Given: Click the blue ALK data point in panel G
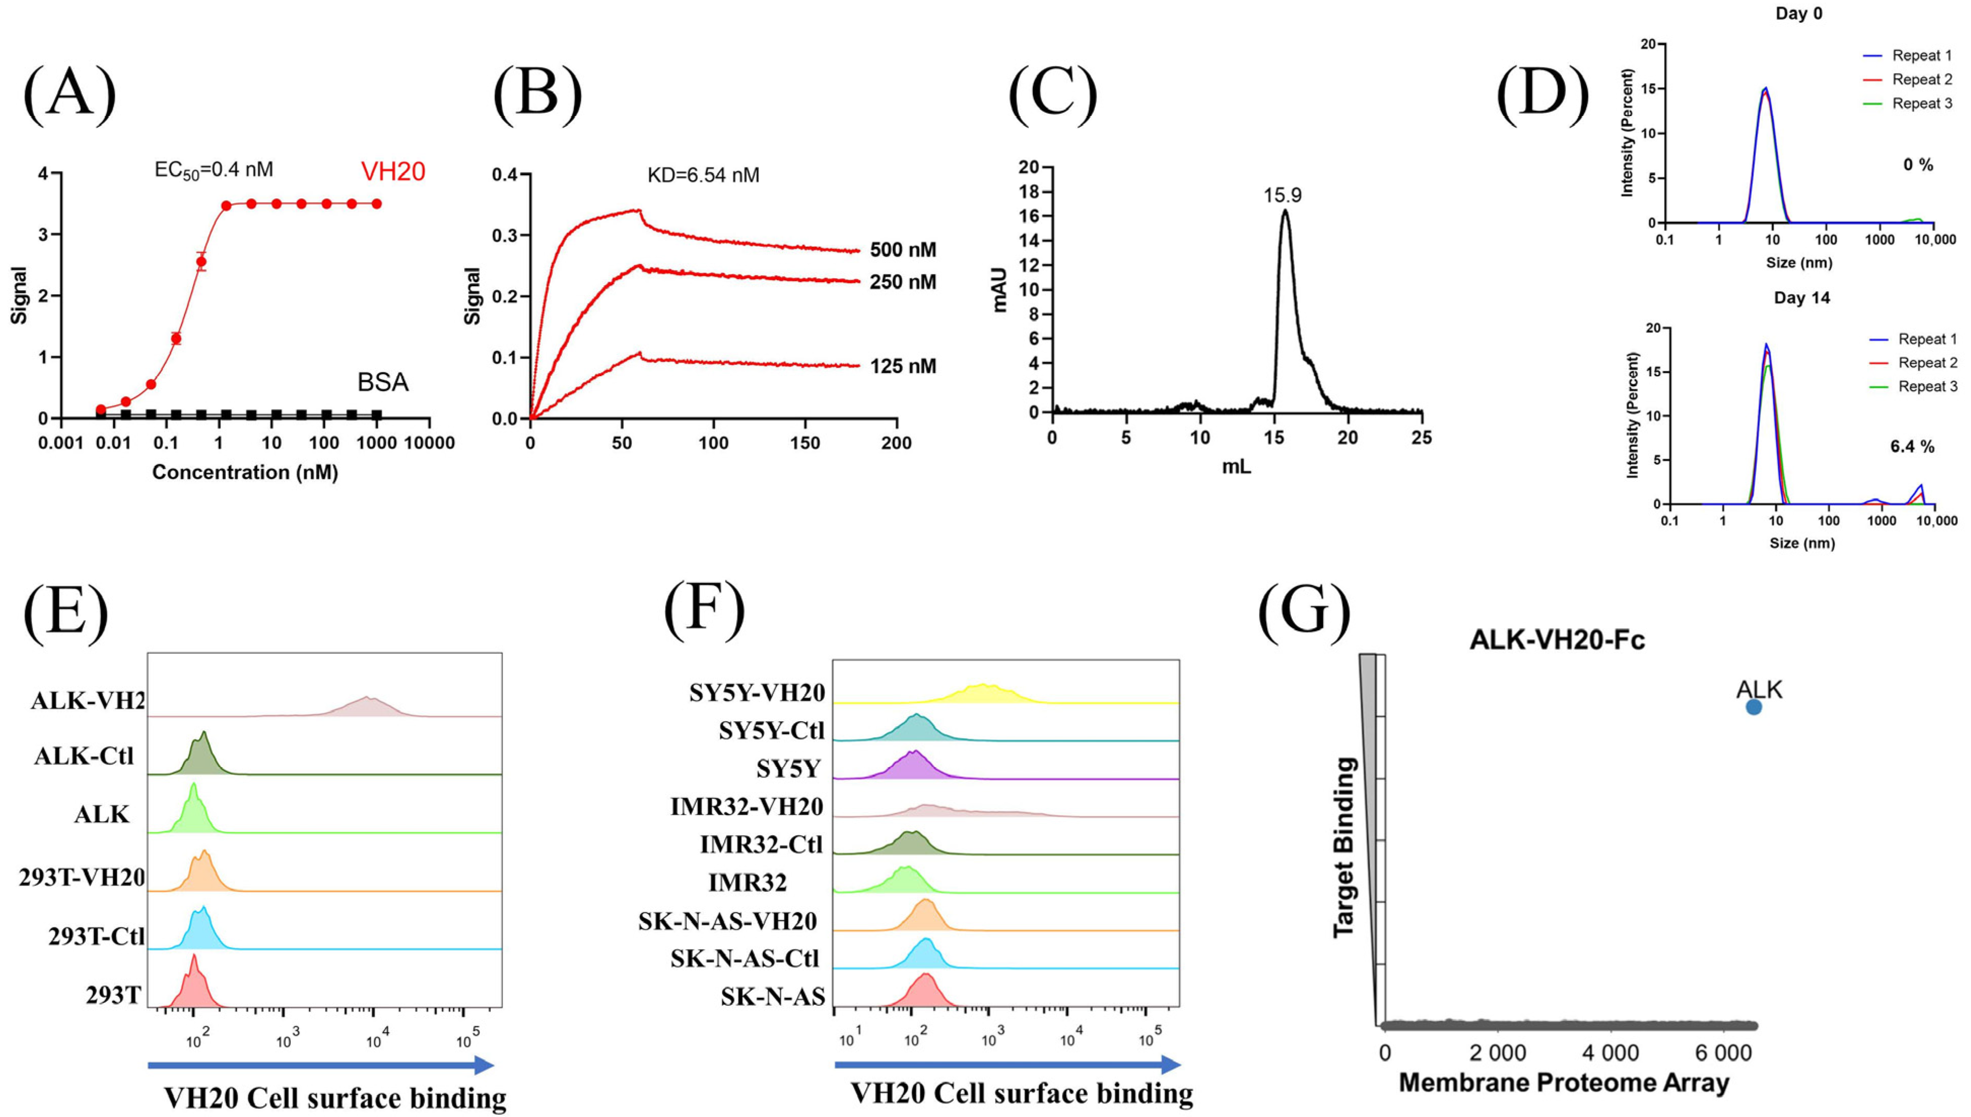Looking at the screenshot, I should pyautogui.click(x=1754, y=706).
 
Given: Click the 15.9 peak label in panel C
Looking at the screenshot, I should pyautogui.click(x=1283, y=195).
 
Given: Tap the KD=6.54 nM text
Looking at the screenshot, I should pyautogui.click(x=703, y=175).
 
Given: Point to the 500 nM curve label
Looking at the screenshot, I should pyautogui.click(x=903, y=250).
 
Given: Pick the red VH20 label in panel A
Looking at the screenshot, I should pyautogui.click(x=393, y=171).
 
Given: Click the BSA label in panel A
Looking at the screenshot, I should pyautogui.click(x=382, y=382).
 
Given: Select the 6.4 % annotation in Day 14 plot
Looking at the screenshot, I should pyautogui.click(x=1912, y=447).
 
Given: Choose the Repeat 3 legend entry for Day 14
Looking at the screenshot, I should pyautogui.click(x=1927, y=387).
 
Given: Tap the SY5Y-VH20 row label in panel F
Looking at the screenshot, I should pyautogui.click(x=756, y=693).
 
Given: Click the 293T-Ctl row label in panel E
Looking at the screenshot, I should pyautogui.click(x=96, y=936).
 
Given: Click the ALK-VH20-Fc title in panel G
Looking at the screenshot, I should pyautogui.click(x=1557, y=640).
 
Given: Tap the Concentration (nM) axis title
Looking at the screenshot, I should pyautogui.click(x=245, y=472).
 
